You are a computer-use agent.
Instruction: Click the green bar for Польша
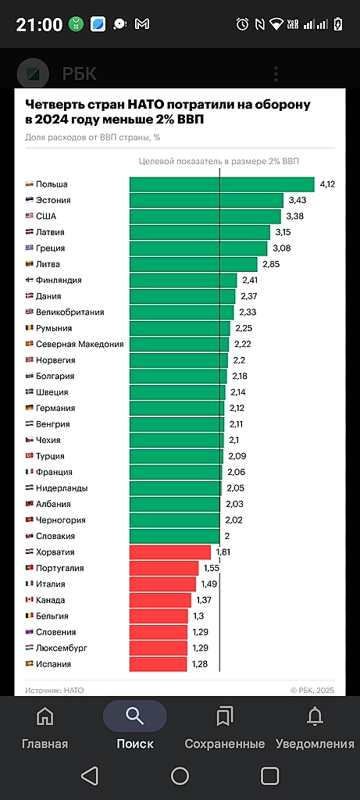coord(221,184)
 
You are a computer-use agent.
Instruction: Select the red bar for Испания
coord(158,664)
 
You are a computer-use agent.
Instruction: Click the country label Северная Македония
coord(80,344)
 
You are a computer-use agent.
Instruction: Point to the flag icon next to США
coord(30,216)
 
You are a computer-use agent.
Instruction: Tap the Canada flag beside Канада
coord(30,600)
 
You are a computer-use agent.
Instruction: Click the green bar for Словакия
coord(174,536)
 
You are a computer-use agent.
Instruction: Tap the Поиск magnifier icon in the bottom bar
coord(135,716)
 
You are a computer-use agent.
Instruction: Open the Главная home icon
coord(45,716)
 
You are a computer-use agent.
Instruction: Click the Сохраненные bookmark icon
coord(225,716)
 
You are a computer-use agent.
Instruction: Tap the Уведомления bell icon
coord(315,716)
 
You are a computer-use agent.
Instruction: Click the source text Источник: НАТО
coord(54,690)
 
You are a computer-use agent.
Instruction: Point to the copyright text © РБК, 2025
coord(312,690)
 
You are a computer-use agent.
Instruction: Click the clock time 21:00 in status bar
coord(39,24)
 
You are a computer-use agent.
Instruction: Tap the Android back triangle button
coord(90,775)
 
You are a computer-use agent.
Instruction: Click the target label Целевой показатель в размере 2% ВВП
coord(218,161)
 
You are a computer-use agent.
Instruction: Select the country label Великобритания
coord(75,312)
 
